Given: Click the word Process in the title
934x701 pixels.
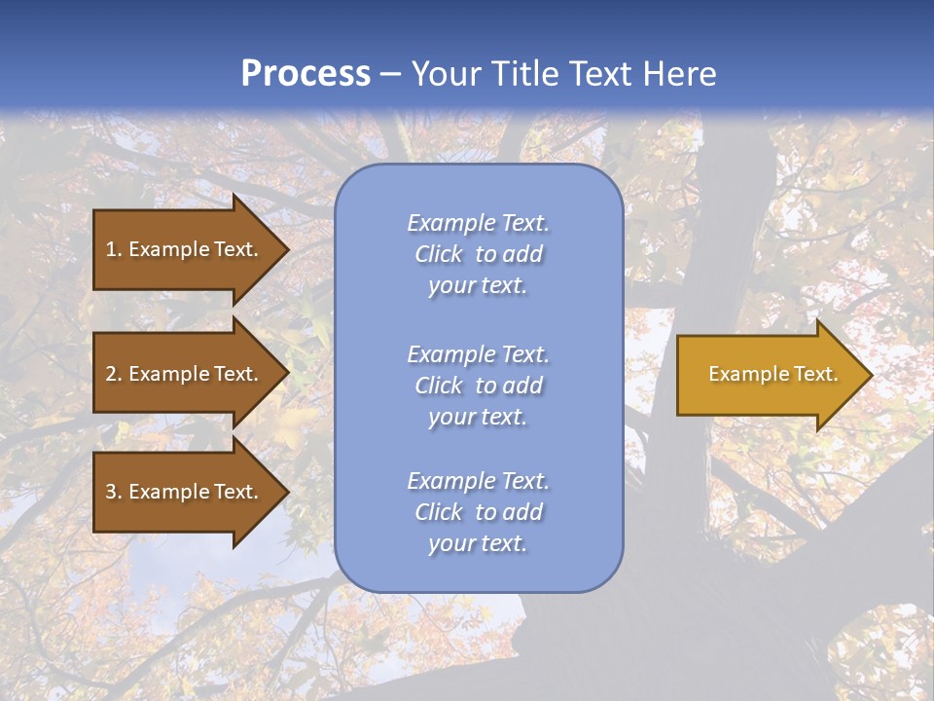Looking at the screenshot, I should pyautogui.click(x=305, y=74).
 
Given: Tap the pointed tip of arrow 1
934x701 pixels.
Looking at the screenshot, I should pyautogui.click(x=286, y=249).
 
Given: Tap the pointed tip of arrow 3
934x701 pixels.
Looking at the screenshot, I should pyautogui.click(x=286, y=492).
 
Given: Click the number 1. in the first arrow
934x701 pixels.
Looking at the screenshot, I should pyautogui.click(x=114, y=249).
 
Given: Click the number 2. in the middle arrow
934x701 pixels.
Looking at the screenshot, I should pyautogui.click(x=114, y=374).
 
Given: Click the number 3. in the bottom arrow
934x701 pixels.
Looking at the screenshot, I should pyautogui.click(x=114, y=492).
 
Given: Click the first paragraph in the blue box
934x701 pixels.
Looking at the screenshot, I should pyautogui.click(x=478, y=254).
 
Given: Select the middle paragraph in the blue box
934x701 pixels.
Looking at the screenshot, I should pyautogui.click(x=478, y=386).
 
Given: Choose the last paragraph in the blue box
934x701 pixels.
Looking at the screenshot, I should pyautogui.click(x=478, y=512).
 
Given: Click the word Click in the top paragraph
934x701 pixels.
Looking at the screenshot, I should pyautogui.click(x=439, y=255).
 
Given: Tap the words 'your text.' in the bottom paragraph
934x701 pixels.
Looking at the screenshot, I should pyautogui.click(x=478, y=543).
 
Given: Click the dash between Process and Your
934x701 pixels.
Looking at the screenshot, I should pyautogui.click(x=391, y=74).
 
